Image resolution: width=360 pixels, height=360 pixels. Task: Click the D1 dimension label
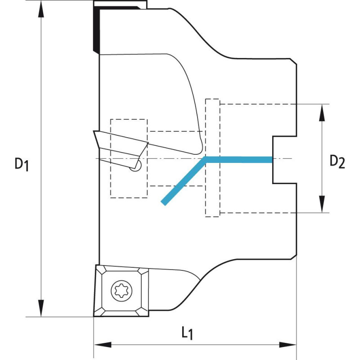click(22, 164)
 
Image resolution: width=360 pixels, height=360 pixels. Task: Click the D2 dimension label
click(337, 162)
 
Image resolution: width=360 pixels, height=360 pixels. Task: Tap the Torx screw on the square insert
click(121, 291)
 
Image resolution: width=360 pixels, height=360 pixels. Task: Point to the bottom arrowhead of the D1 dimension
click(41, 308)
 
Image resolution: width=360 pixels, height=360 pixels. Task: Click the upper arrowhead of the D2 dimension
click(322, 112)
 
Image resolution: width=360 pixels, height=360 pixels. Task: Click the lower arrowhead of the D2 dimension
click(322, 204)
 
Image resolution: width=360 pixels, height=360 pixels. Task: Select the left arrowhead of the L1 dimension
click(103, 345)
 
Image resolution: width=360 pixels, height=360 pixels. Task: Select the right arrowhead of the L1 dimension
click(288, 345)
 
